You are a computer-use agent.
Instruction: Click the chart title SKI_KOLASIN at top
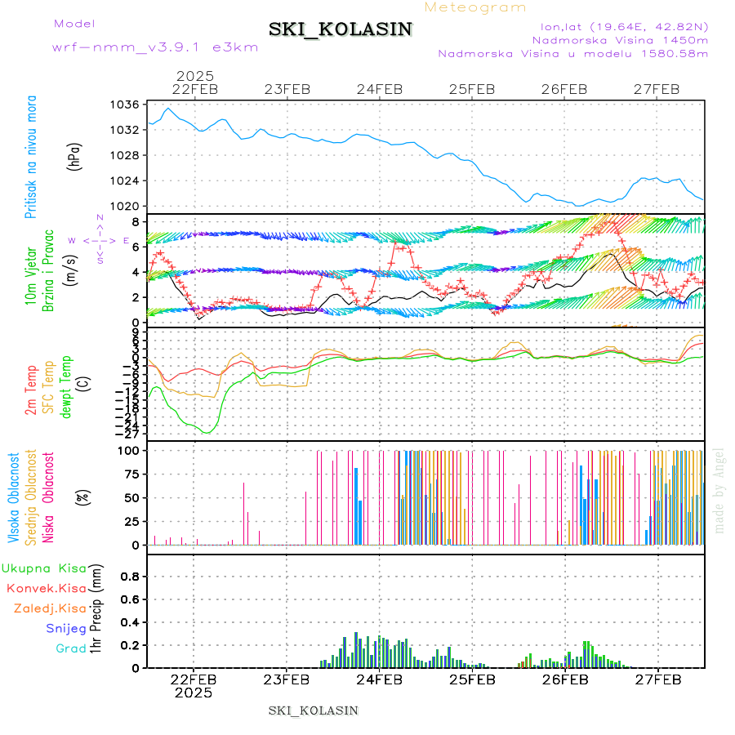[341, 29]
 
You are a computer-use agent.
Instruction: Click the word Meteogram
[476, 7]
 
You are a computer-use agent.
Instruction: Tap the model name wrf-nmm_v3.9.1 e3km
[155, 47]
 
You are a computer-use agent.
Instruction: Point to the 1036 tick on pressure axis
[126, 105]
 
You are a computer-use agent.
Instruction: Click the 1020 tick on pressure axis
[126, 206]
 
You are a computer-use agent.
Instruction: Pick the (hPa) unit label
[74, 155]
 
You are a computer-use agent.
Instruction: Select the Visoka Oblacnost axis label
[14, 497]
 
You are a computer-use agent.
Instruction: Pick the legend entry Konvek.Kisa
[46, 588]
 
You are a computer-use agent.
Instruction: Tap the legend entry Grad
[71, 648]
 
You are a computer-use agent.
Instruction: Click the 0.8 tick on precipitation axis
[128, 576]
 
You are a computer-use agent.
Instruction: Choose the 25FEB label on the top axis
[471, 89]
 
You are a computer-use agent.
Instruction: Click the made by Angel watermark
[719, 490]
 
